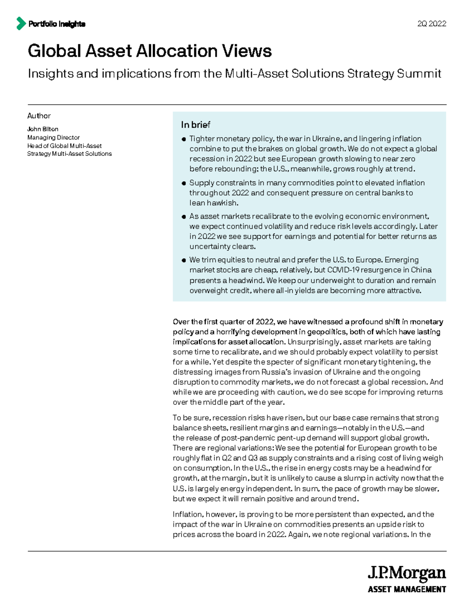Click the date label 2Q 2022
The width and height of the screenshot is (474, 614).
pos(431,24)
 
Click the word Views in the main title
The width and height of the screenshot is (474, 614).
pos(246,51)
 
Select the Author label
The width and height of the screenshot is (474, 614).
pos(39,116)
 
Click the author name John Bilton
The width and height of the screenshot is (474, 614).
pos(43,129)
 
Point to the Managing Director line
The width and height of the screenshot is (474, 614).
pos(53,137)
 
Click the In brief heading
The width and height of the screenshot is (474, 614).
pos(196,125)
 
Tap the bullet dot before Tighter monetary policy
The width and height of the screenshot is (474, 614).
pos(184,139)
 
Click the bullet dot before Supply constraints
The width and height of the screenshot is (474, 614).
pos(184,183)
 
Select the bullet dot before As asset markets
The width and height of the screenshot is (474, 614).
pos(184,217)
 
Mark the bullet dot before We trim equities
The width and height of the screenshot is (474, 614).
pos(184,260)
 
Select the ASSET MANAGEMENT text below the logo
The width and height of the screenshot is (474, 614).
pos(406,589)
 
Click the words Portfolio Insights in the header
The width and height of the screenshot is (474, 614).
pos(56,24)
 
